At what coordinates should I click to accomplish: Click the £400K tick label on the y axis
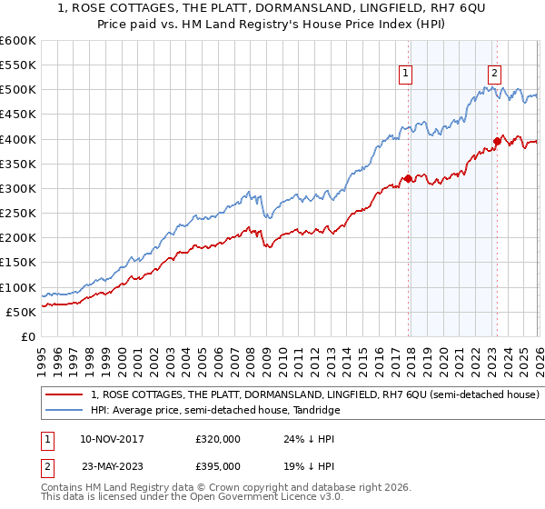[x=17, y=139]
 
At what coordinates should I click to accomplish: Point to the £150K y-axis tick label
[x=17, y=263]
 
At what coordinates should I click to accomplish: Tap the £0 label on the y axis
[x=27, y=336]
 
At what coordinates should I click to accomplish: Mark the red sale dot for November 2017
[x=408, y=178]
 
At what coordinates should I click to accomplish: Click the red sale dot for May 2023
[x=497, y=141]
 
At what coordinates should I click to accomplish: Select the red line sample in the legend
[x=65, y=395]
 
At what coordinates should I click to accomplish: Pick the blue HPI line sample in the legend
[x=65, y=411]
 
